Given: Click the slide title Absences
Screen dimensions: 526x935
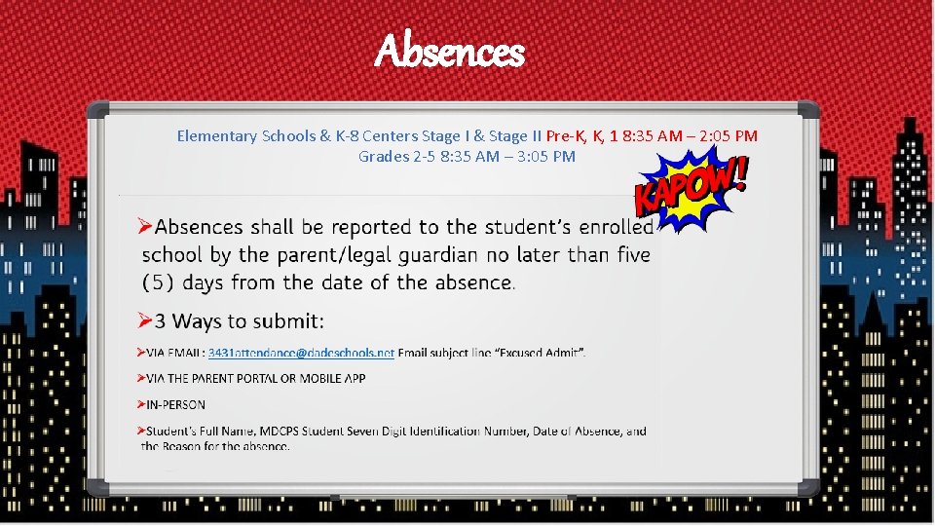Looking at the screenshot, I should pyautogui.click(x=449, y=52).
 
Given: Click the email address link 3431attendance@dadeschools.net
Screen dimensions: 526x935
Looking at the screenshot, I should pyautogui.click(x=301, y=352).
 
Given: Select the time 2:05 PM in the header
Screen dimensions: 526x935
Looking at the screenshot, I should pyautogui.click(x=728, y=136).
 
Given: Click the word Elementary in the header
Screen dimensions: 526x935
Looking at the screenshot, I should pyautogui.click(x=217, y=136).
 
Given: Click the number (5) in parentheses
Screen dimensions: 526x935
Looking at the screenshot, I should pyautogui.click(x=159, y=283).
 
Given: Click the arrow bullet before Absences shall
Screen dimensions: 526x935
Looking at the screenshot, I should pyautogui.click(x=144, y=227).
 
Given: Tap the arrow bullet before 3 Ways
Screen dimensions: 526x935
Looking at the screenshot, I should pyautogui.click(x=144, y=320).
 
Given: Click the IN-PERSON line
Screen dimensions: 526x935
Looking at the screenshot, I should pyautogui.click(x=175, y=404).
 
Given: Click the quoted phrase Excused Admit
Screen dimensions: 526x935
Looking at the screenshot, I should pyautogui.click(x=543, y=352).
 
